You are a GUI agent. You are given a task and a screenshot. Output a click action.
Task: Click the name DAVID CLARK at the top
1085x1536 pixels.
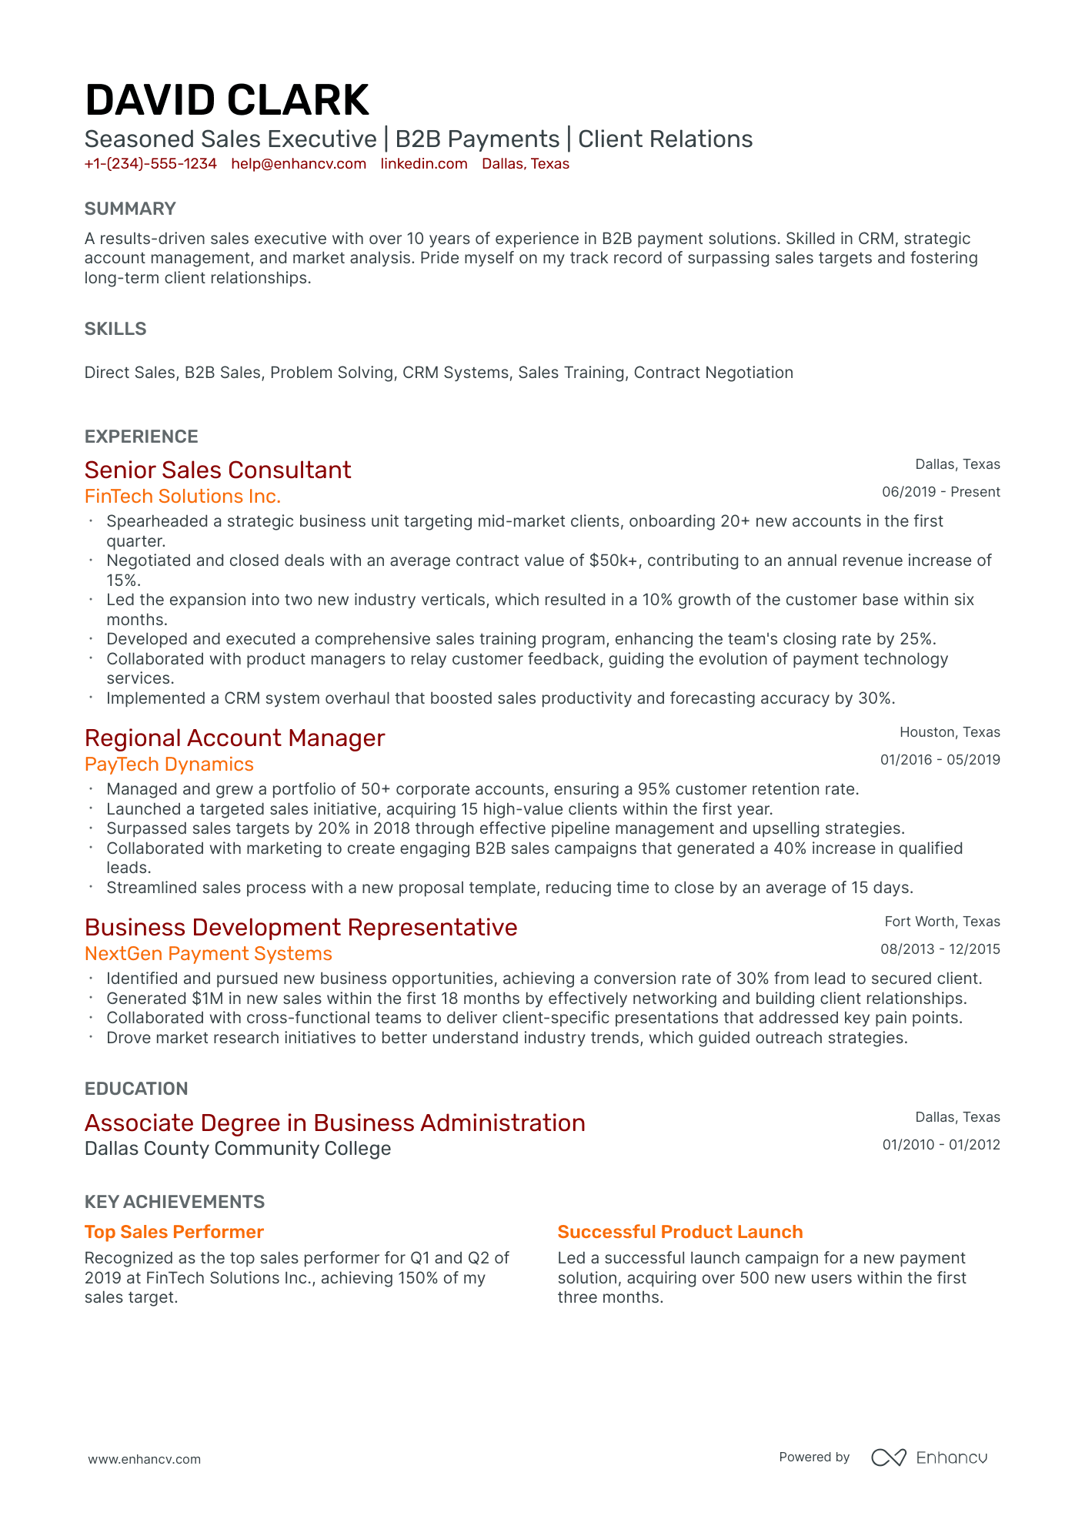(227, 101)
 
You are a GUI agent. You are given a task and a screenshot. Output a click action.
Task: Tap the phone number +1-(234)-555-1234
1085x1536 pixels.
(150, 164)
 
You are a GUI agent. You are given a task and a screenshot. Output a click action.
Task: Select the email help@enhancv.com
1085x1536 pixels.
(299, 164)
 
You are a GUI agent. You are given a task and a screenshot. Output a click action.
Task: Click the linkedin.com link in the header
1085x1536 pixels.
(424, 164)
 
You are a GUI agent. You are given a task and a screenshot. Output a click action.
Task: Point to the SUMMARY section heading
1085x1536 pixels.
(130, 209)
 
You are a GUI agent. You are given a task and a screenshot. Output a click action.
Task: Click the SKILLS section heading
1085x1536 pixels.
(115, 329)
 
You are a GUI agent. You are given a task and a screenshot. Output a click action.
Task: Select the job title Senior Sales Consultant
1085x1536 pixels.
(218, 470)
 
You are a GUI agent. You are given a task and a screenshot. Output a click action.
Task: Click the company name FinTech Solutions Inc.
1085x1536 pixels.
(182, 496)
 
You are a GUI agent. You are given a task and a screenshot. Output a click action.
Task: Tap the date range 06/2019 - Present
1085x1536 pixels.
(940, 492)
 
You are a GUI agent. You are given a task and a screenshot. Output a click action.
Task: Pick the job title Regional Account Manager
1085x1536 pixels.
(235, 738)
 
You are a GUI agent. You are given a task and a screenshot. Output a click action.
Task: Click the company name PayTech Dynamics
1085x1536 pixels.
(169, 764)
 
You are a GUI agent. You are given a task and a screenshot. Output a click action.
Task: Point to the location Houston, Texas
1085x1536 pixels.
(950, 732)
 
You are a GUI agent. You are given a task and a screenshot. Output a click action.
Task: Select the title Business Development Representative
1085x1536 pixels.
(301, 927)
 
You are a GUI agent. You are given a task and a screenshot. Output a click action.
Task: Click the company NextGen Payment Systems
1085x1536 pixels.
(209, 953)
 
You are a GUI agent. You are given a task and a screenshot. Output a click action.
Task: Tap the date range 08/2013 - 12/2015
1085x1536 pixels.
(940, 949)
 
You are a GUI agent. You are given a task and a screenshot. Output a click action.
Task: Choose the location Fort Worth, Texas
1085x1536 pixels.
(942, 922)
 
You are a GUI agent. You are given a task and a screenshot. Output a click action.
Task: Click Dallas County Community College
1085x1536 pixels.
(238, 1148)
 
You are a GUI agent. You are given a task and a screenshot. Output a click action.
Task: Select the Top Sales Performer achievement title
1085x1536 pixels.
(174, 1232)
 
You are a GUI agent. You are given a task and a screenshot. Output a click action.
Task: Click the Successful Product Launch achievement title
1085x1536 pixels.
(680, 1232)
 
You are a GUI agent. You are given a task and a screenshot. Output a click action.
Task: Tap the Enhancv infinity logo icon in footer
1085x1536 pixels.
(888, 1457)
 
